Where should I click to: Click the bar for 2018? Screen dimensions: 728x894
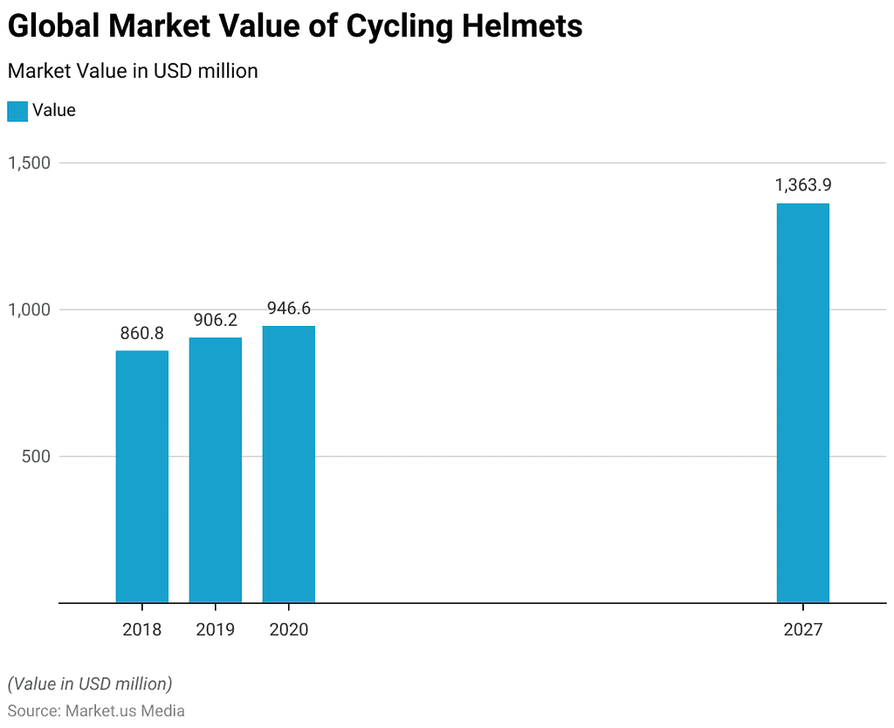click(142, 476)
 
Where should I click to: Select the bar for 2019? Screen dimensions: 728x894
click(216, 469)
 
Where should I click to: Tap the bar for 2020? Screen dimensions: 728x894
click(289, 464)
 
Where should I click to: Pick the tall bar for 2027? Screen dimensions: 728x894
click(802, 403)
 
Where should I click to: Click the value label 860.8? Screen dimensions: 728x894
click(142, 333)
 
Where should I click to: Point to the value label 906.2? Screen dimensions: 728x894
click(216, 320)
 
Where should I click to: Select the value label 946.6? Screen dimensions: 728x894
click(289, 309)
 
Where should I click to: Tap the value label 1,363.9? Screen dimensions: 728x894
click(802, 185)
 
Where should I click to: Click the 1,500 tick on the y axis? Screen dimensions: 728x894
click(30, 163)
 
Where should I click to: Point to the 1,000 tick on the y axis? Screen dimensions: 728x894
click(30, 309)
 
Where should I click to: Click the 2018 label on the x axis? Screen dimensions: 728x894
click(142, 629)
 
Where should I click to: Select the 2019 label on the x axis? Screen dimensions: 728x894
click(216, 629)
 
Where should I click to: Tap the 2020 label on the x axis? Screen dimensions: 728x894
click(289, 629)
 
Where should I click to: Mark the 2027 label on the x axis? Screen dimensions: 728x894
click(802, 629)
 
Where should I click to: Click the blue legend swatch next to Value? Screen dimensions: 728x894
click(17, 111)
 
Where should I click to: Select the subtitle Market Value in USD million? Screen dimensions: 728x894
click(133, 71)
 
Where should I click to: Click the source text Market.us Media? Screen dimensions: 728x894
click(125, 711)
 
